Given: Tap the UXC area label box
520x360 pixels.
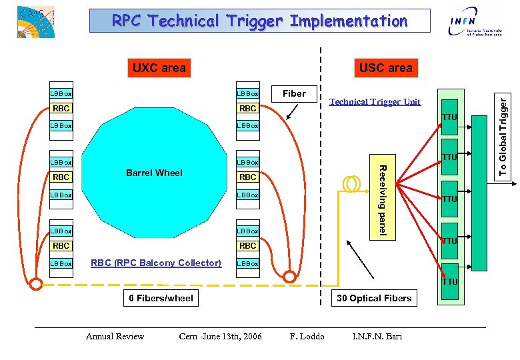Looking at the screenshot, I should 159,67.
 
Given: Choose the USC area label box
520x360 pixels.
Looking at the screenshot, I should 385,67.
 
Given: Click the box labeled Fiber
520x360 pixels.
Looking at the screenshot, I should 294,93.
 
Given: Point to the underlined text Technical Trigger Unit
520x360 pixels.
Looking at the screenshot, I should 375,101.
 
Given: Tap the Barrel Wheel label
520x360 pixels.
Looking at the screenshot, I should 154,173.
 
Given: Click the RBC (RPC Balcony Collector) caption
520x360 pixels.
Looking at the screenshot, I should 156,263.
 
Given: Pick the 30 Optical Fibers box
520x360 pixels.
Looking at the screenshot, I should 374,298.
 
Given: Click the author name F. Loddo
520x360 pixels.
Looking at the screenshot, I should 307,336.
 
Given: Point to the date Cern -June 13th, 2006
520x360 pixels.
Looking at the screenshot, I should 220,336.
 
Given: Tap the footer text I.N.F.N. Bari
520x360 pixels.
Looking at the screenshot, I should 377,336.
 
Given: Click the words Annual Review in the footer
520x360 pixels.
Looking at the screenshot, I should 115,336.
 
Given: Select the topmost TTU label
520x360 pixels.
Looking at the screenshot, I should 450,117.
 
